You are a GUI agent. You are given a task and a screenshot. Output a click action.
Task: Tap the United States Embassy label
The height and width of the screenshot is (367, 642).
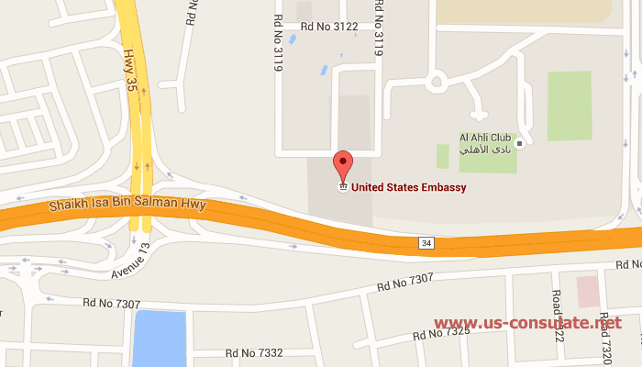tap(409, 188)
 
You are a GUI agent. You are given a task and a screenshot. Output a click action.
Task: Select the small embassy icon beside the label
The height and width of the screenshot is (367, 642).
tap(343, 188)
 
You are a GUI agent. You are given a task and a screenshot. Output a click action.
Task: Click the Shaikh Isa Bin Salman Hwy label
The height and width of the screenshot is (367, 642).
tap(128, 206)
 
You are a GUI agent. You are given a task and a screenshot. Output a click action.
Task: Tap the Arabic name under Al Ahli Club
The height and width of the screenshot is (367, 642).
tap(487, 151)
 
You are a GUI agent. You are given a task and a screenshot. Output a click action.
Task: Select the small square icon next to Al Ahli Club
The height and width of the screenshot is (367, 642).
tap(519, 143)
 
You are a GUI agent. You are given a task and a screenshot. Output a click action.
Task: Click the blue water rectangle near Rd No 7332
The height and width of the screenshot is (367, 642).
tap(160, 339)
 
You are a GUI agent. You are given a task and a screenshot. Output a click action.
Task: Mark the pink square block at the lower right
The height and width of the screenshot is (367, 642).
tap(588, 291)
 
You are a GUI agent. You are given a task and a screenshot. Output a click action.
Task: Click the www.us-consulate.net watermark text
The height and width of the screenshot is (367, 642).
tap(527, 323)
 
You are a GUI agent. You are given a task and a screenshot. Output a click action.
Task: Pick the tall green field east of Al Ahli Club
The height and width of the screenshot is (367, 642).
tap(570, 106)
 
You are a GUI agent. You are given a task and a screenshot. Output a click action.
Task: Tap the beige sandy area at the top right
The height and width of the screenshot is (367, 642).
tap(523, 11)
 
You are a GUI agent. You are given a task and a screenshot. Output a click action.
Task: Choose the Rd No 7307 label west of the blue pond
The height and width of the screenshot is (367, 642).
tap(111, 303)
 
